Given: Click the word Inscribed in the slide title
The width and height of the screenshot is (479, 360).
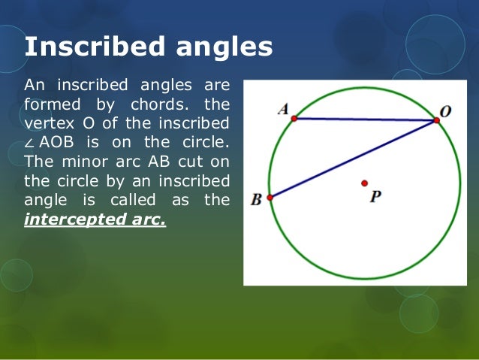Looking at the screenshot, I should tap(95, 47).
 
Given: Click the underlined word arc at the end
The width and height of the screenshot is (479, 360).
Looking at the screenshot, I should tap(150, 219).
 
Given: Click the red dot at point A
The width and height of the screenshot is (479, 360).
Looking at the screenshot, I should tap(294, 118).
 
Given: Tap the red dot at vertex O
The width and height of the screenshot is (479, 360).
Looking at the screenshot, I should tap(436, 120).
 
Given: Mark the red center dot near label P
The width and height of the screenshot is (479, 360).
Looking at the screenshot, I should tap(365, 183).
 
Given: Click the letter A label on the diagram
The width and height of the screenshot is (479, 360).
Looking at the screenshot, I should tap(283, 110).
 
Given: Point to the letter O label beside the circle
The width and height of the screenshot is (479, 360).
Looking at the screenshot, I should tap(445, 111).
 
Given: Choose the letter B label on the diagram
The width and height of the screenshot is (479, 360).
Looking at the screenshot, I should tap(256, 200).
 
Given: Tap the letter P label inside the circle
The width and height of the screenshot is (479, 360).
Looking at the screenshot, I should tap(375, 196).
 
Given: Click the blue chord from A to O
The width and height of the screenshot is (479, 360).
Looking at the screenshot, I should tap(365, 119).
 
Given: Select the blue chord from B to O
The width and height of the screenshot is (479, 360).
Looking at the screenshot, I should tap(353, 159).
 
